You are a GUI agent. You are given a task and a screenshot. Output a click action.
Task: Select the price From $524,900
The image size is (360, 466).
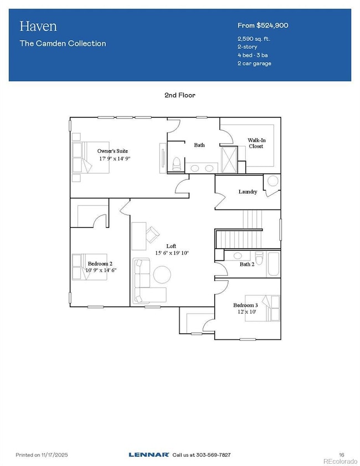point(263,25)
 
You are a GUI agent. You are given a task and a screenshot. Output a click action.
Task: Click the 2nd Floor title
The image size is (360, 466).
point(179,95)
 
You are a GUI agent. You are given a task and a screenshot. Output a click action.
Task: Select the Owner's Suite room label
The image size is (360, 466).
point(114,151)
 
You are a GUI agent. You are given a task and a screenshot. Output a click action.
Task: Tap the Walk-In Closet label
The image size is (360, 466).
point(256,144)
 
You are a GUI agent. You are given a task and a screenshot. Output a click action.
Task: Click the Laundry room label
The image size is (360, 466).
point(248,192)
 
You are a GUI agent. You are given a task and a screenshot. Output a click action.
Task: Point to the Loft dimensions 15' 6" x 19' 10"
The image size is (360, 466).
point(172,253)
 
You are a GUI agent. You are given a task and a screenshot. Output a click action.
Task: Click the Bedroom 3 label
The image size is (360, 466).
point(245,305)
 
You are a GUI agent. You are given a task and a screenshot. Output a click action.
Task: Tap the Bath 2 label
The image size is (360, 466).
point(246,264)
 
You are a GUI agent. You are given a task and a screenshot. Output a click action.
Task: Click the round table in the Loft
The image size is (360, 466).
point(162,275)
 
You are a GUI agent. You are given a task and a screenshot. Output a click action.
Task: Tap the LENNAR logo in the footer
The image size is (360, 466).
point(149,454)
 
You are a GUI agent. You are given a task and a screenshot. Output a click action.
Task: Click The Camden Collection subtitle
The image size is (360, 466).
point(63,43)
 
